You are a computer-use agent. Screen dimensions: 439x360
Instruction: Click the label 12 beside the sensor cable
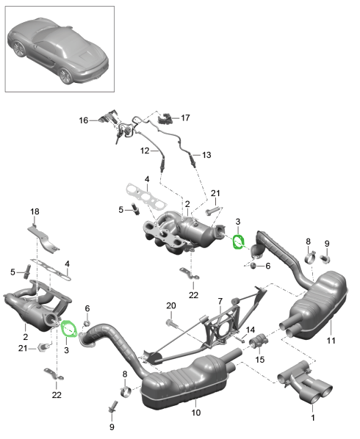click(x=145, y=150)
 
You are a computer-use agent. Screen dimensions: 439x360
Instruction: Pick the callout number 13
click(x=206, y=155)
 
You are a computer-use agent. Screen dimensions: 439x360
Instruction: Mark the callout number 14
click(x=250, y=330)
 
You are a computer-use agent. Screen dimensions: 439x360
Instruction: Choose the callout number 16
click(x=83, y=120)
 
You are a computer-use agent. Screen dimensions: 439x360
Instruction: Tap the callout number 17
click(x=185, y=117)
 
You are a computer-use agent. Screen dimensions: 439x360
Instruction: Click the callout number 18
click(x=34, y=212)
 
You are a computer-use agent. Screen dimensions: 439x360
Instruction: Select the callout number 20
click(x=170, y=305)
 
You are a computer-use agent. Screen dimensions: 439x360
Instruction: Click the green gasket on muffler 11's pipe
click(x=239, y=242)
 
